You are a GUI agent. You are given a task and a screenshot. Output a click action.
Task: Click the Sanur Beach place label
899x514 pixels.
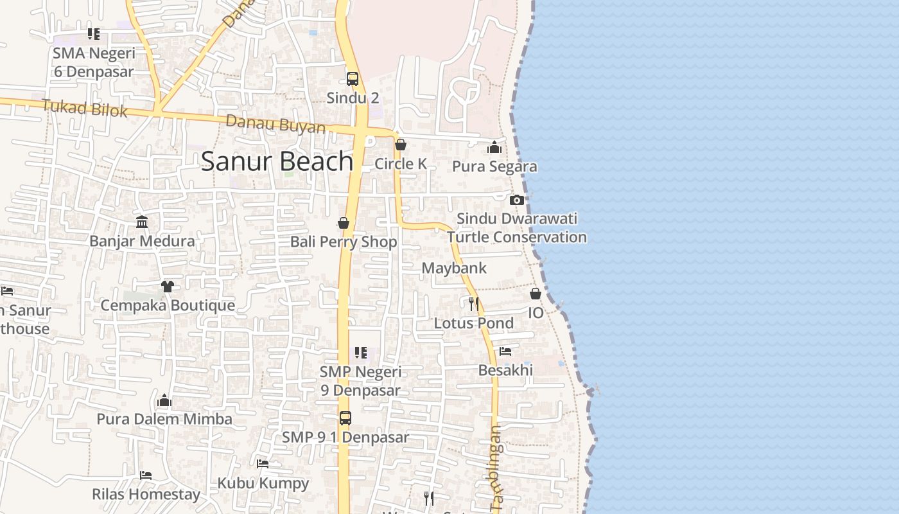[x=277, y=161]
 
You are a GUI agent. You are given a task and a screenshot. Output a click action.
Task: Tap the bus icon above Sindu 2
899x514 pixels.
[x=353, y=79]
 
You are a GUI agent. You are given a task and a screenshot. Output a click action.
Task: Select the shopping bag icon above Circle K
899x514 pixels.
[x=401, y=145]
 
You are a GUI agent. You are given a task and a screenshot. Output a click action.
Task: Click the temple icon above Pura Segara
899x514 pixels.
[x=494, y=148]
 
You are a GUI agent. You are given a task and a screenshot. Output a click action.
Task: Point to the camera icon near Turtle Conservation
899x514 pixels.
[x=517, y=200]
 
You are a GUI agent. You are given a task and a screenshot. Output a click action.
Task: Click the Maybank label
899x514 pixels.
[x=454, y=268]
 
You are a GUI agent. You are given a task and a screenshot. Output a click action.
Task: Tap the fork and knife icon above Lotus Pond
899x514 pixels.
[x=474, y=303]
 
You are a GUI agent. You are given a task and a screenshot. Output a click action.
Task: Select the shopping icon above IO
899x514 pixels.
[x=536, y=294]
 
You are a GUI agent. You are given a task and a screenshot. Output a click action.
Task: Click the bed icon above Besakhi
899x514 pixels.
[x=505, y=351]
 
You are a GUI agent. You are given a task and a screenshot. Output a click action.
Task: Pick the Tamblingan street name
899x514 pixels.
[x=496, y=468]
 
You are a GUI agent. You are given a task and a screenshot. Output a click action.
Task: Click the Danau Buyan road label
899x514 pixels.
[x=275, y=123]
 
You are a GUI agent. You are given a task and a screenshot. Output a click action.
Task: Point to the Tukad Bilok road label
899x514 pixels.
[x=85, y=108]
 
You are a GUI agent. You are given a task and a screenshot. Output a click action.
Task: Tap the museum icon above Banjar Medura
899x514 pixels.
[x=142, y=222]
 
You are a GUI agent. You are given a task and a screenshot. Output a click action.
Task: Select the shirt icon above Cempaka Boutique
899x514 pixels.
[x=168, y=286]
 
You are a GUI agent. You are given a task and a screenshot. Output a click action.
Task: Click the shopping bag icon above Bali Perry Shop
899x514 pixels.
[x=344, y=223]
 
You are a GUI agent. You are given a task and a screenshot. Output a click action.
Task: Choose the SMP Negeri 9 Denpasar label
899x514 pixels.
[x=360, y=381]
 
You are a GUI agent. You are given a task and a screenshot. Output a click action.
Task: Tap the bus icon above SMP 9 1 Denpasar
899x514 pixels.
[x=345, y=418]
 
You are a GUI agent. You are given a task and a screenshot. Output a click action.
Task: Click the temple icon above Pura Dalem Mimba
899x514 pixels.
[x=164, y=401]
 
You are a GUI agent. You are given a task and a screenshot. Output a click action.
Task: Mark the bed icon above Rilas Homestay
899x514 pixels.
[x=146, y=475]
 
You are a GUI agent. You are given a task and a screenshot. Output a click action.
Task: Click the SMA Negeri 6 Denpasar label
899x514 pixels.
[x=94, y=62]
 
